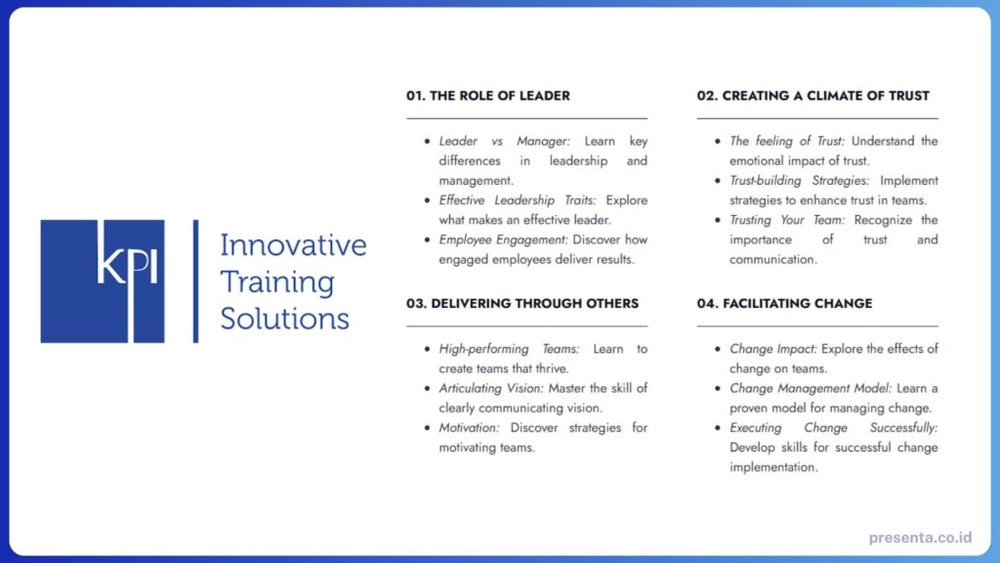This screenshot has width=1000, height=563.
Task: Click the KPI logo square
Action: [102, 281]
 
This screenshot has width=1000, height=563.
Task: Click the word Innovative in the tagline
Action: [293, 244]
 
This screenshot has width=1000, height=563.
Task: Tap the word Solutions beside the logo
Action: [284, 319]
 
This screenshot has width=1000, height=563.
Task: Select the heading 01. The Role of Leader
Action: [488, 96]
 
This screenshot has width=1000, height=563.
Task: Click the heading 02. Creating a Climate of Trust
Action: [812, 96]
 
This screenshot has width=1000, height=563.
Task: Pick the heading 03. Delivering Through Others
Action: [522, 303]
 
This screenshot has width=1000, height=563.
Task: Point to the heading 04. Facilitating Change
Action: [784, 303]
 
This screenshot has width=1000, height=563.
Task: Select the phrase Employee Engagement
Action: [503, 239]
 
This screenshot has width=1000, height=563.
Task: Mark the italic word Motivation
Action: [469, 427]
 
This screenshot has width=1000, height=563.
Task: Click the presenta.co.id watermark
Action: [920, 538]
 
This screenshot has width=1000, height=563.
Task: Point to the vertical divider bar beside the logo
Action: [196, 281]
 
